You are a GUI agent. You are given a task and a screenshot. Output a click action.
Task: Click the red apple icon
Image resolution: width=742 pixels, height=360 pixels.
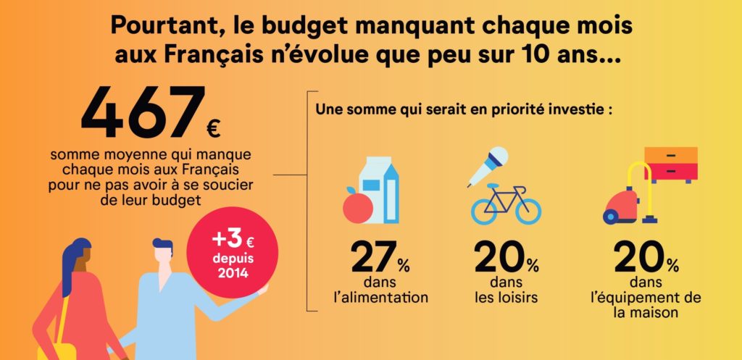click(x=357, y=206)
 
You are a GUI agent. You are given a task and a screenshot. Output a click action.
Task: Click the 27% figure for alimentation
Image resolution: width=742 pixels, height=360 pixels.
click(x=380, y=258)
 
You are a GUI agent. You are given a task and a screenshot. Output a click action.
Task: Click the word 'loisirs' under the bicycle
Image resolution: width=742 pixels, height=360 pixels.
click(x=517, y=297)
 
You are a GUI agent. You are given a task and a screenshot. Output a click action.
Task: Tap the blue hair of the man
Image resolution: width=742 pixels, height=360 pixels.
click(x=164, y=247)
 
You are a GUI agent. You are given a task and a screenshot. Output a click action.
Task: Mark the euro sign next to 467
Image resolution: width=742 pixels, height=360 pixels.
click(x=213, y=130)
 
